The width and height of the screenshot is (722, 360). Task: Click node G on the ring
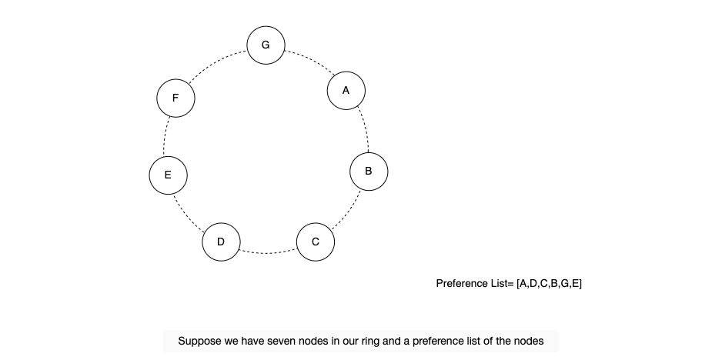pos(266,45)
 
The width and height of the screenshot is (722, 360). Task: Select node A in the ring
pos(346,91)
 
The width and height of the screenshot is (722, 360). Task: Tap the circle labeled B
pos(369,172)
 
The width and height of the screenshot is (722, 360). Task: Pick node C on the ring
pos(316,242)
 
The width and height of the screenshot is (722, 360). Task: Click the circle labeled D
pos(221,242)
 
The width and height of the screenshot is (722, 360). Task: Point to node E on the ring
pos(168,175)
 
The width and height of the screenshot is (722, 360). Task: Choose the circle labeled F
pos(176,98)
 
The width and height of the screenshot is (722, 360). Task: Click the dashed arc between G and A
pos(310,59)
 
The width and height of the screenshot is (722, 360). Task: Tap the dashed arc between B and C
pos(349,212)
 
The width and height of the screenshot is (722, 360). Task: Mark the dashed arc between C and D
pos(269,253)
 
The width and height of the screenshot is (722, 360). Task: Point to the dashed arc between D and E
pos(186,215)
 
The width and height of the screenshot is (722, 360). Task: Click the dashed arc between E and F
pos(165,136)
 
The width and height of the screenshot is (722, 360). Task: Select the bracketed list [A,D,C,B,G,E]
pos(549,284)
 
